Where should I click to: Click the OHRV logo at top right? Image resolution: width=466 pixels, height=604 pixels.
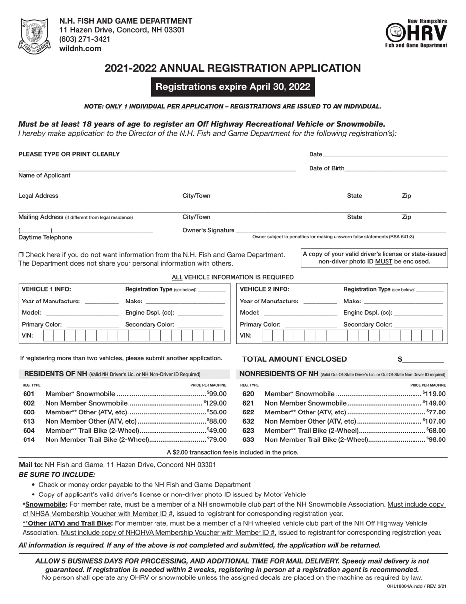coord(416,33)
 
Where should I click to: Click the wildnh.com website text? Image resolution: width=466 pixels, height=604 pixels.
coord(80,48)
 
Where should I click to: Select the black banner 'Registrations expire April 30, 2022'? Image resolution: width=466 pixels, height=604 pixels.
coord(233,87)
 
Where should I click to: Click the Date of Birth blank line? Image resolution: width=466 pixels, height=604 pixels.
coord(396,168)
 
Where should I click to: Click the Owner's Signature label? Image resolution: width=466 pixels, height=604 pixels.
coord(208,230)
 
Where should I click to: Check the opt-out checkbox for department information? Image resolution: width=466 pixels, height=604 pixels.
coord(21,255)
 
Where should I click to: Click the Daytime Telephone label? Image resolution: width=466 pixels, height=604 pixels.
coord(45,237)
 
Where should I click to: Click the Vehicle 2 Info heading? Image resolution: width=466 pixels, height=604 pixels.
coord(264,289)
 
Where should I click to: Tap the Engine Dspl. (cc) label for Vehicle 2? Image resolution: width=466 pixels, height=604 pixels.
coord(368,312)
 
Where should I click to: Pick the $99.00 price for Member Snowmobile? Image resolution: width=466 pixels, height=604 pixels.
coord(217,394)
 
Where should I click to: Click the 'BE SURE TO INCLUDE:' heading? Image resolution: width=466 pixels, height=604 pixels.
coord(57,475)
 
